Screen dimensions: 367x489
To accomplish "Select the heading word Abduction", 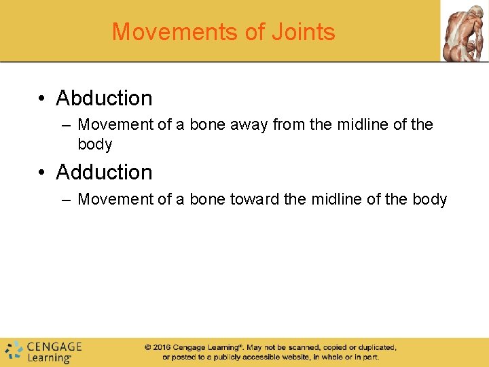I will click(x=104, y=98).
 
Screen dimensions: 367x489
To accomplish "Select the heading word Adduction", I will click(x=104, y=172).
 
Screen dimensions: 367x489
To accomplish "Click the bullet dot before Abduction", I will click(x=42, y=99).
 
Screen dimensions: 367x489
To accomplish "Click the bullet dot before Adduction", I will click(x=42, y=173).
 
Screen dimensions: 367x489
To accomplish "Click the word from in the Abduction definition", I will click(x=288, y=125).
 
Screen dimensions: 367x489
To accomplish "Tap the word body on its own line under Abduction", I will click(x=95, y=144).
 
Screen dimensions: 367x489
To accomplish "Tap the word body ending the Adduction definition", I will click(x=429, y=199).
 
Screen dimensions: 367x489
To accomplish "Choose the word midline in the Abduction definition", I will click(x=361, y=125).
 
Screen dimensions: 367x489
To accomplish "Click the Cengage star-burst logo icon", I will click(x=14, y=351).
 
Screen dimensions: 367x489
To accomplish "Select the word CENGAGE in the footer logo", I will click(x=54, y=347).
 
